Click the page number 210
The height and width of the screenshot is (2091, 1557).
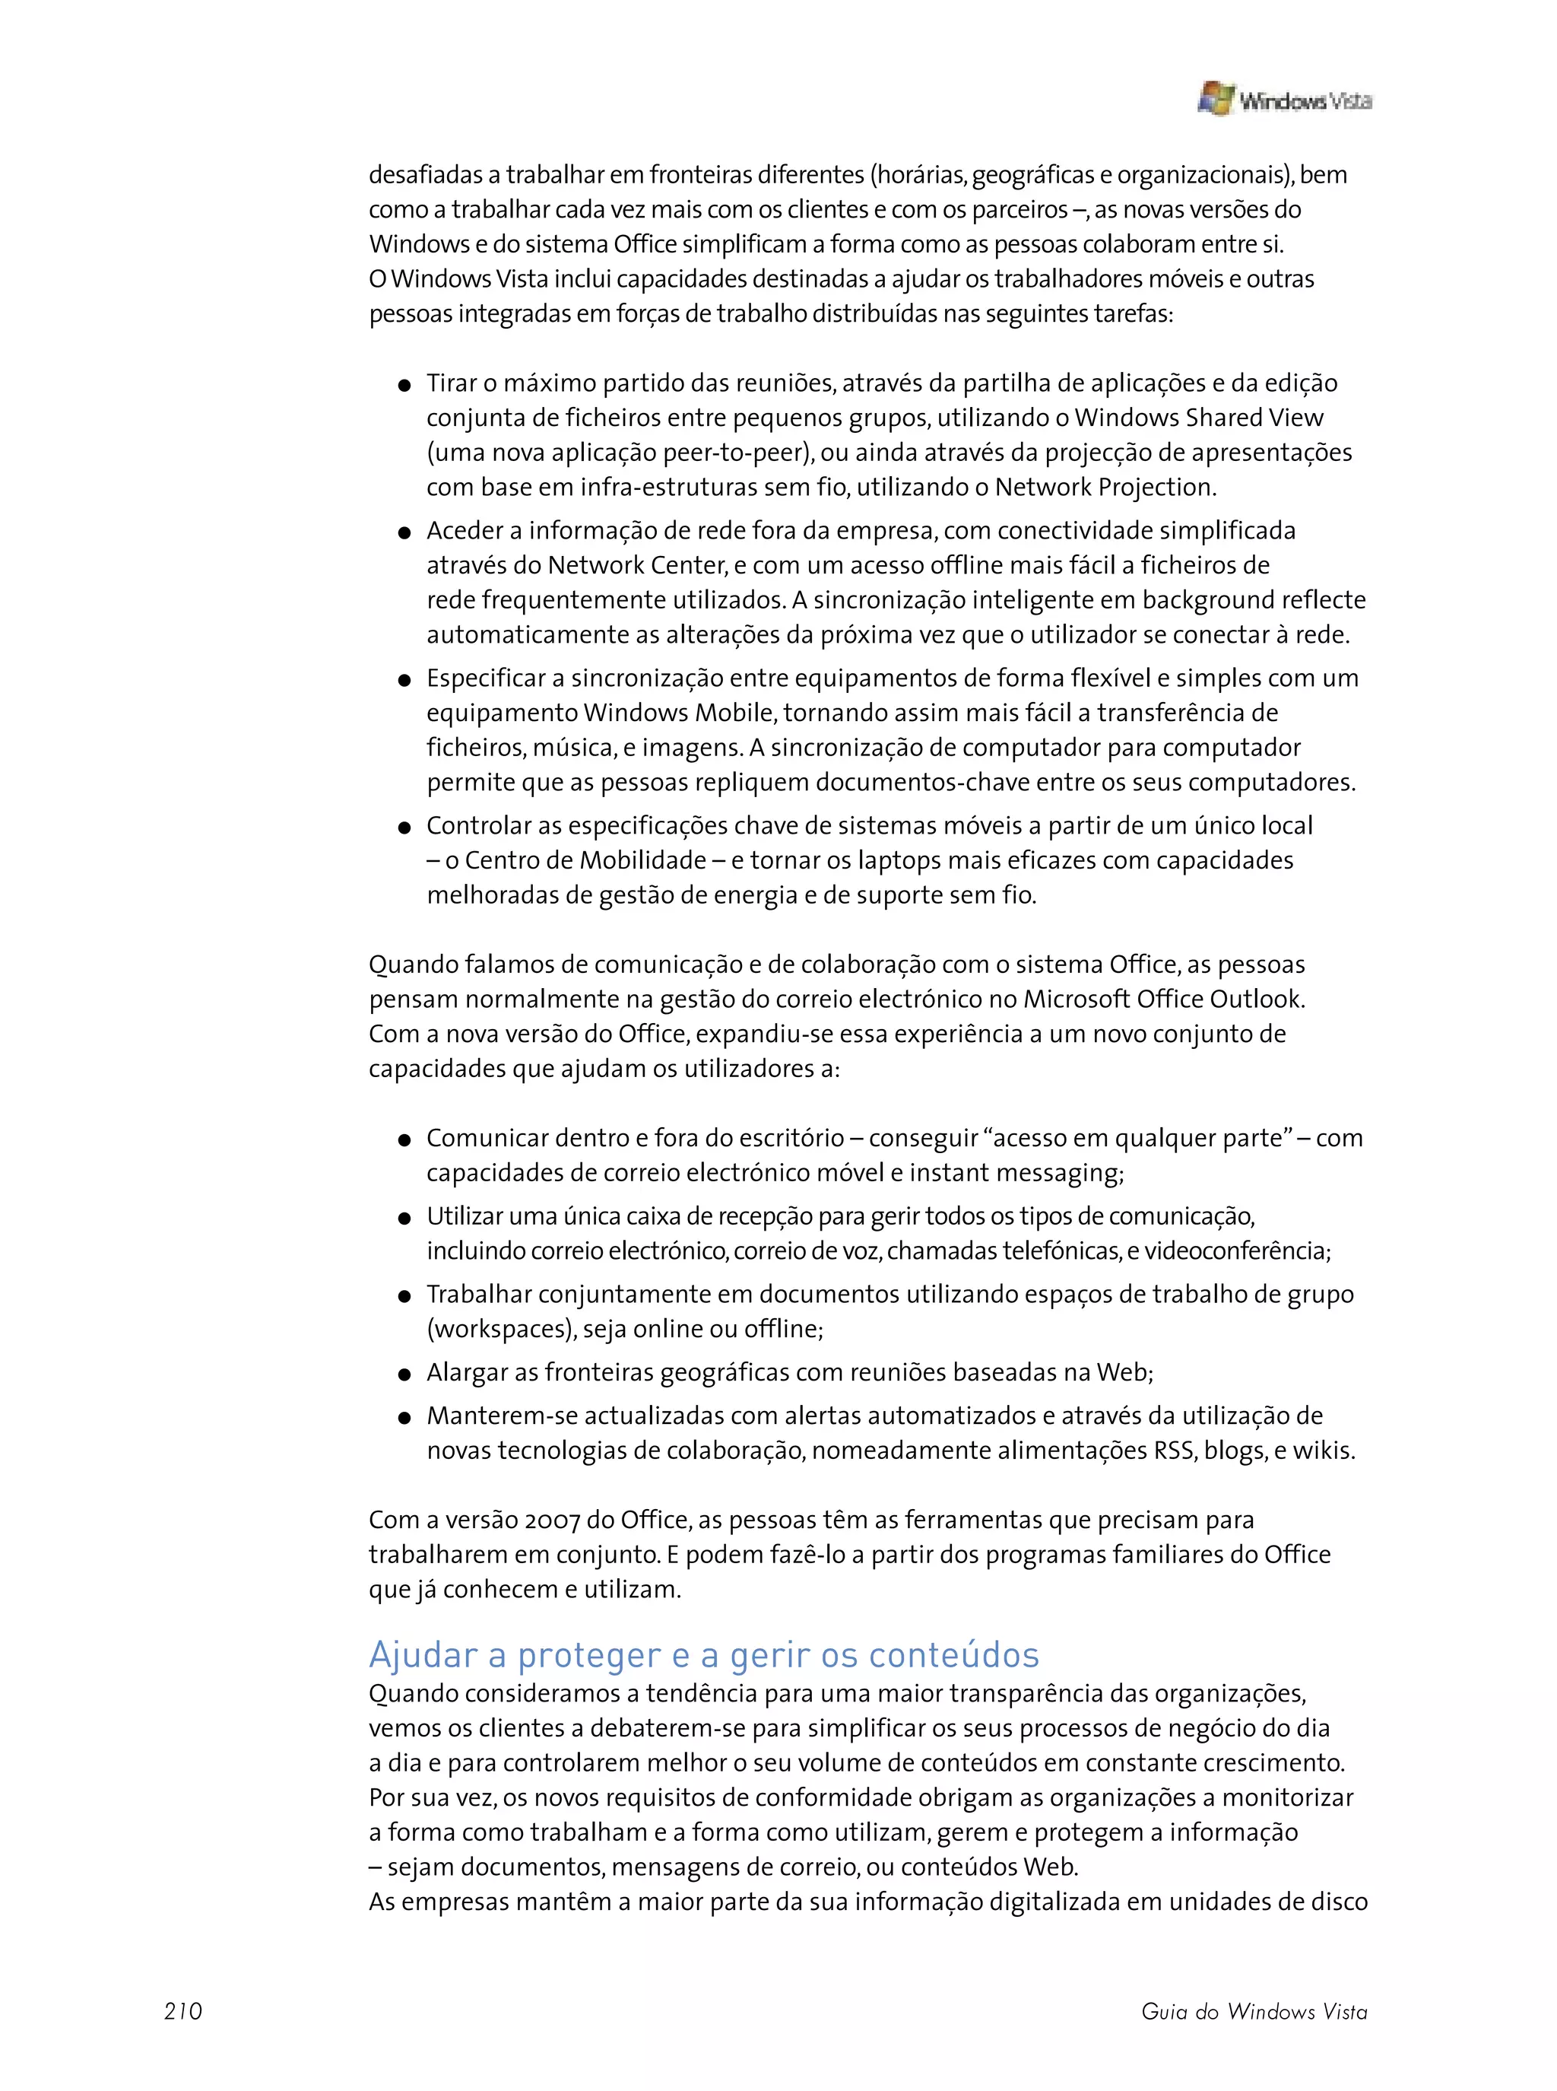pos(183,2011)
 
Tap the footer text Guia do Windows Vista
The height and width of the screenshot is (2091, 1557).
pos(1254,2011)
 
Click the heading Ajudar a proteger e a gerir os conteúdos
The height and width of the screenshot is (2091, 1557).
pos(703,1654)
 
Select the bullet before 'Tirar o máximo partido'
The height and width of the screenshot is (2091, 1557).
pos(404,385)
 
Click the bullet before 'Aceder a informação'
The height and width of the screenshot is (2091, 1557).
pos(404,532)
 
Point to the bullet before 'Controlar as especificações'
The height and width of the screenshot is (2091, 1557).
pos(404,828)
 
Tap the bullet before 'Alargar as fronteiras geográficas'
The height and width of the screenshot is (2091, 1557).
pos(404,1374)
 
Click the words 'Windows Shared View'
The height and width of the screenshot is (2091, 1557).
pos(1199,418)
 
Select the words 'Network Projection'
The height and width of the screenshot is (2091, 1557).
pos(1104,488)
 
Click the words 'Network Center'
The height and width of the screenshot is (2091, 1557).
pos(636,566)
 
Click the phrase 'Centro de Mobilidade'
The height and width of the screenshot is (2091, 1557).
pos(585,861)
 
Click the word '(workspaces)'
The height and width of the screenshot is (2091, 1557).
pos(500,1330)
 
